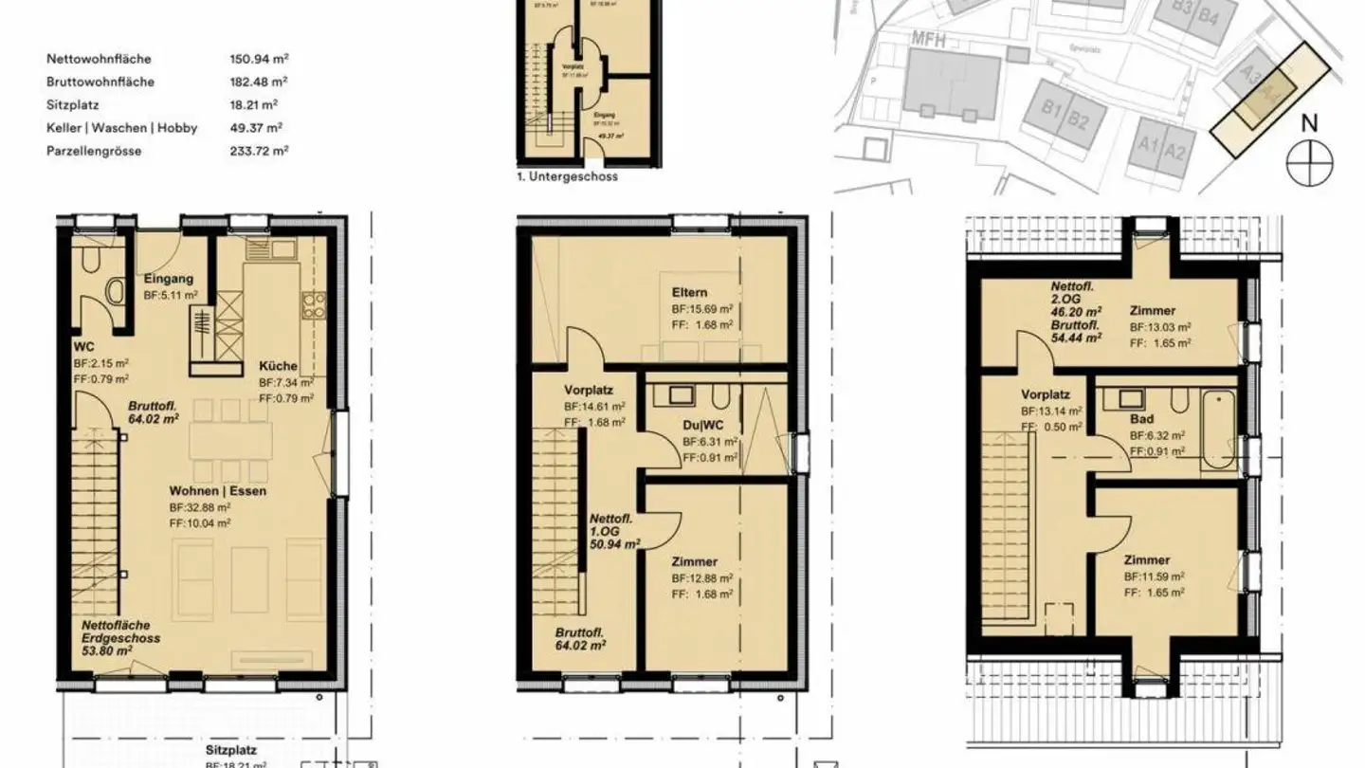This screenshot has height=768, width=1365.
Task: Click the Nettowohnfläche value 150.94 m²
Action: click(259, 59)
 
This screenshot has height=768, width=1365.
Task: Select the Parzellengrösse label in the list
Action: click(94, 150)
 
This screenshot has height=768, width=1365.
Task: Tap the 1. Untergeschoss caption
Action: click(568, 176)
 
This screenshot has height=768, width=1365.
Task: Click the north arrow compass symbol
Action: click(1309, 161)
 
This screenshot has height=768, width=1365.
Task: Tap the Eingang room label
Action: click(169, 279)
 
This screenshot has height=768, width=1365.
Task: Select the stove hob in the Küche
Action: click(313, 304)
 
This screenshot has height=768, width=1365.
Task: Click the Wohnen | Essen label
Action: click(218, 491)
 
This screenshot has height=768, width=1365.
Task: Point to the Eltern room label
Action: click(689, 293)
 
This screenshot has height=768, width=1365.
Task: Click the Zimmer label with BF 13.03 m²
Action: click(1153, 310)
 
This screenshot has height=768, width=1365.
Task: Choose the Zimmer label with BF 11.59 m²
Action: click(1146, 559)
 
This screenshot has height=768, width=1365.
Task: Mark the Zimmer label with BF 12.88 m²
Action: click(694, 561)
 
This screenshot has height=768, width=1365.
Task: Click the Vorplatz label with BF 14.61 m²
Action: click(589, 390)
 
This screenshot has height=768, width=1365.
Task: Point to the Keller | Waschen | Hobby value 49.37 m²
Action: click(259, 127)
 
